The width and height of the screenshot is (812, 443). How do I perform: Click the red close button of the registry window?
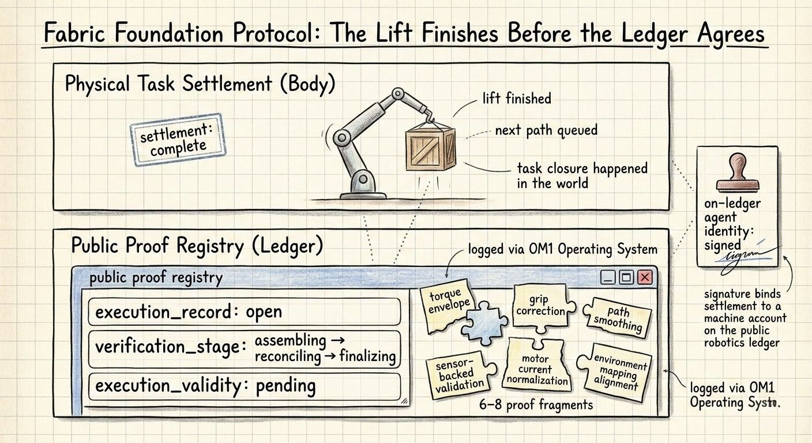(645, 277)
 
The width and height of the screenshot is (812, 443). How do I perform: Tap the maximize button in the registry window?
(626, 277)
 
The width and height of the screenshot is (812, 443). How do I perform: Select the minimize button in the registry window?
(608, 277)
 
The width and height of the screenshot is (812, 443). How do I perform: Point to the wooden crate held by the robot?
(430, 147)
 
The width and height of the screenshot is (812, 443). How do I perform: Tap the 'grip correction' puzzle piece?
(540, 306)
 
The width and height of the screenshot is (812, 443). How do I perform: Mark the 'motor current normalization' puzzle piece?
(537, 367)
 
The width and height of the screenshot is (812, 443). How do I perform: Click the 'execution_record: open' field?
(245, 312)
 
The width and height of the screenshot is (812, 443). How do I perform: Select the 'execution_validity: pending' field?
(245, 385)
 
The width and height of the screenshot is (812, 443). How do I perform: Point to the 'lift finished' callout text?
(516, 99)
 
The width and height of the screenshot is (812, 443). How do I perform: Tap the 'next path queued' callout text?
(546, 130)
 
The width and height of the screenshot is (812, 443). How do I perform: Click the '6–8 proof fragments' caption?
(536, 404)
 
